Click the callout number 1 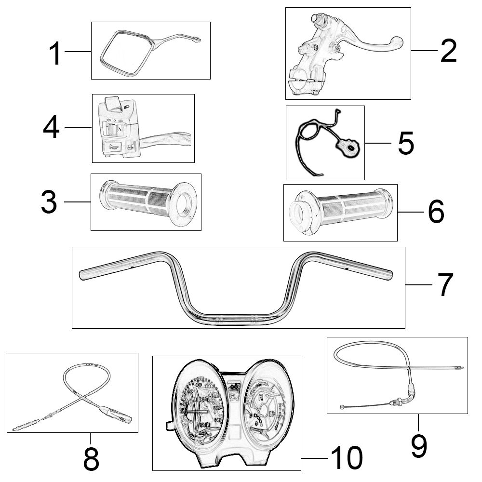tap(56, 53)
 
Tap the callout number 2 tap(448, 51)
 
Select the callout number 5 tap(406, 143)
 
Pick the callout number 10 tap(346, 457)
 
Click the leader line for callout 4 tap(78, 127)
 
